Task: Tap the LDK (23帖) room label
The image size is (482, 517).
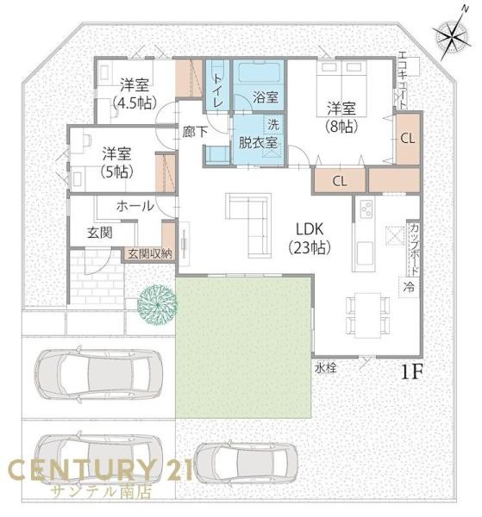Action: (x=310, y=238)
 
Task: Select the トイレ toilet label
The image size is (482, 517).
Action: (x=218, y=90)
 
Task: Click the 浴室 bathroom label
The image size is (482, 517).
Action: (x=266, y=97)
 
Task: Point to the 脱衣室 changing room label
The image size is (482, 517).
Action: (x=258, y=142)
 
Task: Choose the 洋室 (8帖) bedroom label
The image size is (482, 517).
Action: (x=341, y=117)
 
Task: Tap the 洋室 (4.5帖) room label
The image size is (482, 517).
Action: (x=135, y=94)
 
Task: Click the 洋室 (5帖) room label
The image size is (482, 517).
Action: (x=116, y=163)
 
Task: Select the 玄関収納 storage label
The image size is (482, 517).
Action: (x=150, y=254)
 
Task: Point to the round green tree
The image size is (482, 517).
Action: (x=157, y=304)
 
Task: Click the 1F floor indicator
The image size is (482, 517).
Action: (x=412, y=372)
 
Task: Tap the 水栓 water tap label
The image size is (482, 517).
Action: (x=326, y=367)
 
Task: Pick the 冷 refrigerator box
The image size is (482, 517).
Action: (x=409, y=287)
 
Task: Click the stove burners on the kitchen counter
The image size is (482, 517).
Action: (x=366, y=209)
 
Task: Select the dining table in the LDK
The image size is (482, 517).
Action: (x=368, y=315)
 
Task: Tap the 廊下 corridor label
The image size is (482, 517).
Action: (x=195, y=133)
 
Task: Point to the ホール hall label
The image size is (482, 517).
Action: (x=135, y=207)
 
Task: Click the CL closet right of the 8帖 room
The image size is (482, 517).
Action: (x=408, y=139)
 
